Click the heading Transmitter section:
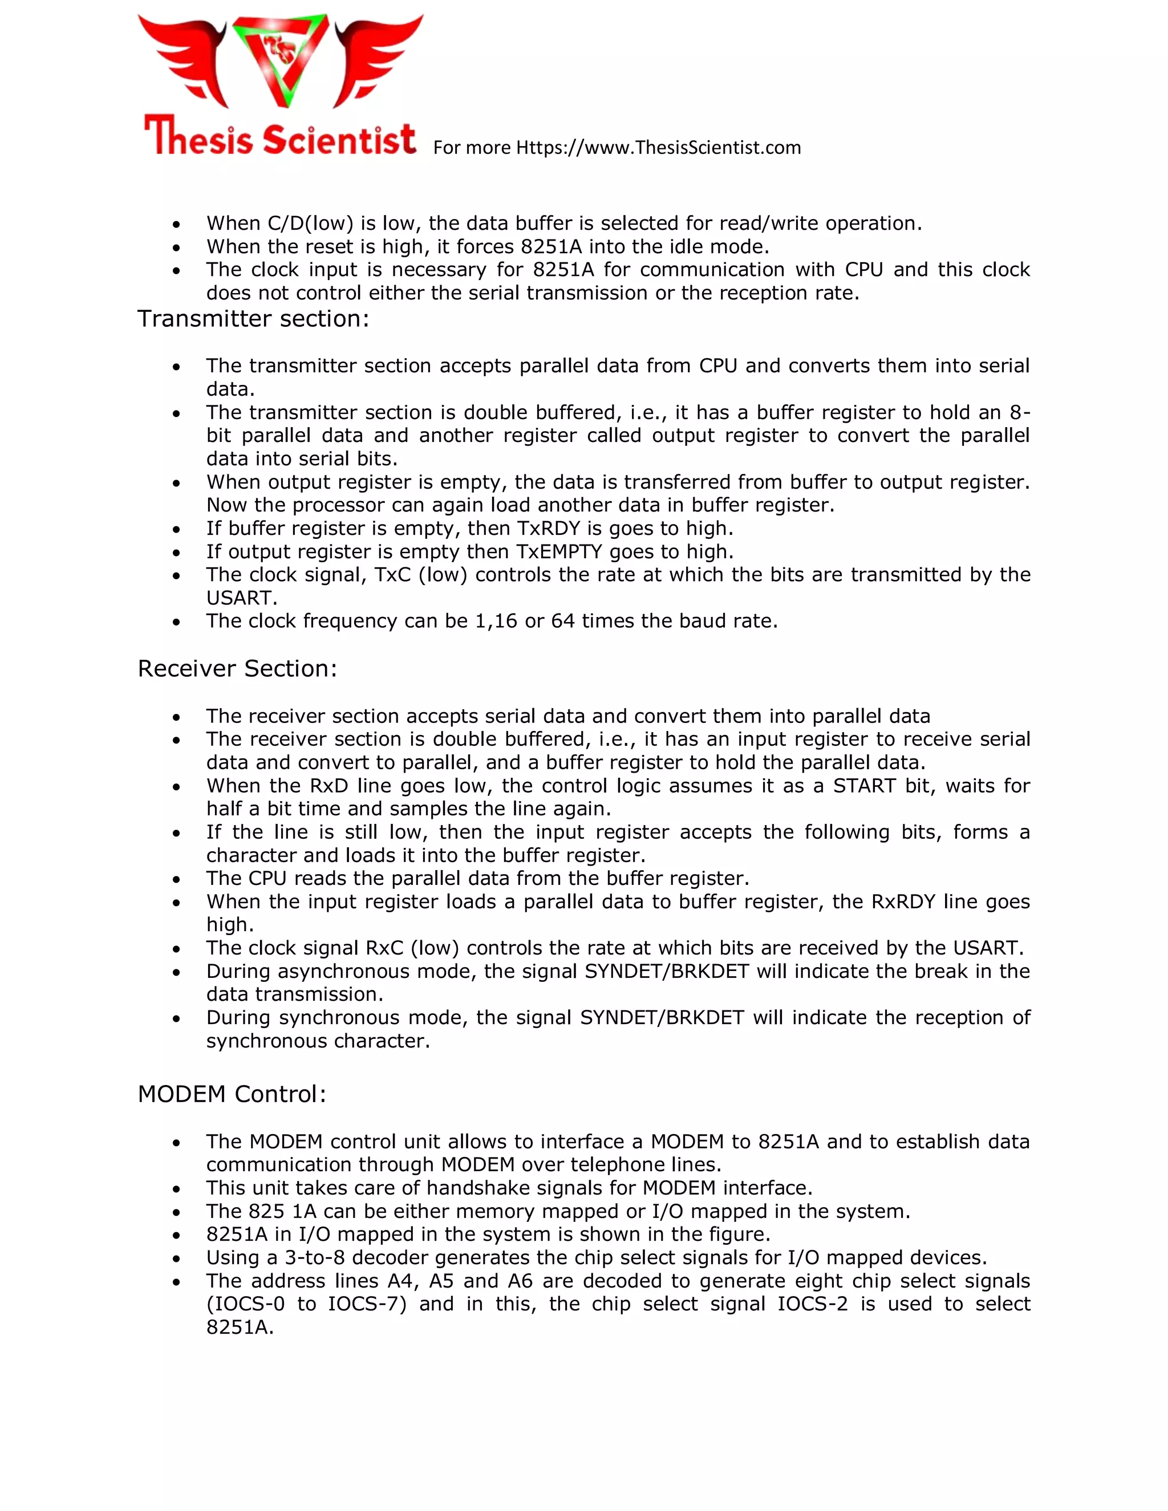[x=253, y=319]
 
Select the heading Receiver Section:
[x=237, y=669]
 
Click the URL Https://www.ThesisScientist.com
[x=658, y=147]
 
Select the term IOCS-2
[x=812, y=1304]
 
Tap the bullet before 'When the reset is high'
[x=177, y=247]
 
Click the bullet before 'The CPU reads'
[x=177, y=879]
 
